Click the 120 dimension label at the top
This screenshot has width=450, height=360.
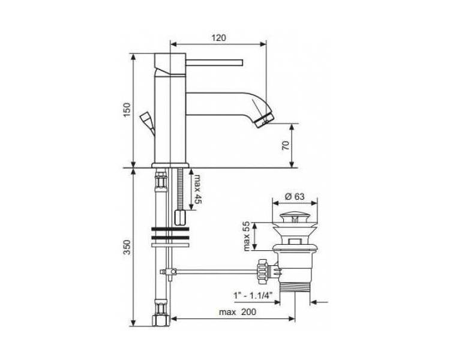[x=218, y=38]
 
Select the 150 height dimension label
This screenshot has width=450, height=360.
[x=127, y=109]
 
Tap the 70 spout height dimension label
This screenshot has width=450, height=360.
[x=286, y=146]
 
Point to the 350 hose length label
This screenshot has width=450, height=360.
[x=127, y=247]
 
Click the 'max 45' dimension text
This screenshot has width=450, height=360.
[x=198, y=189]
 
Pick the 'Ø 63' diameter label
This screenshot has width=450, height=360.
[x=295, y=197]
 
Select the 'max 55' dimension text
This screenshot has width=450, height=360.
[x=247, y=236]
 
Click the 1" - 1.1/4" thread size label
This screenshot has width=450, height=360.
[x=253, y=295]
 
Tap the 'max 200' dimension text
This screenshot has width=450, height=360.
[x=238, y=312]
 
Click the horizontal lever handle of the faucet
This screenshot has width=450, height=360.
[x=214, y=62]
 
